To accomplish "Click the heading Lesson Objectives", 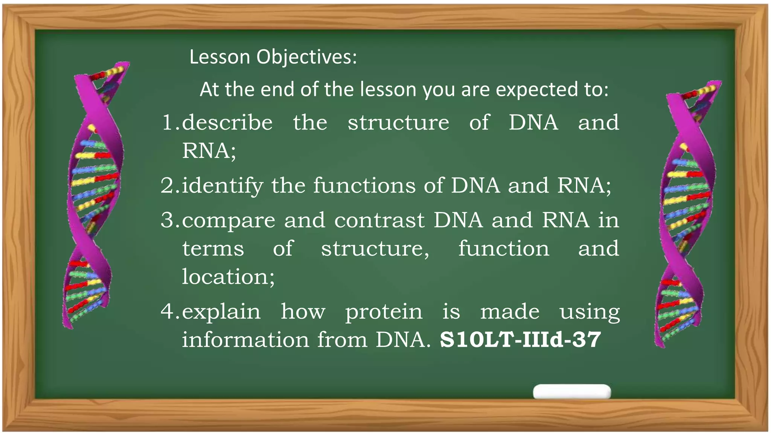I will pyautogui.click(x=273, y=57).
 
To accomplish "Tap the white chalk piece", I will pyautogui.click(x=571, y=392).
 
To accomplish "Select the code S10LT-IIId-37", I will pyautogui.click(x=520, y=339).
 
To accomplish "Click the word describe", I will pyautogui.click(x=227, y=123).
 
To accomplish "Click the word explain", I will pyautogui.click(x=221, y=312).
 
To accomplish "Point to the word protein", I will pyautogui.click(x=384, y=312).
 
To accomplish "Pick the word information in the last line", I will pyautogui.click(x=245, y=339).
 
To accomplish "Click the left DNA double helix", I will pyautogui.click(x=94, y=195).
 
